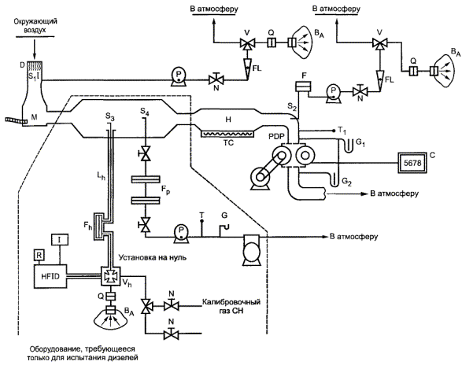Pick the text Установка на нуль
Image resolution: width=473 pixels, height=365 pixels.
152,256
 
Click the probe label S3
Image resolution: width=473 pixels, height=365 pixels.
109,118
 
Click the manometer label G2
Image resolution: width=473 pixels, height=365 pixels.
346,182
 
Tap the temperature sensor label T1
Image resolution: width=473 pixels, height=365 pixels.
342,130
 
